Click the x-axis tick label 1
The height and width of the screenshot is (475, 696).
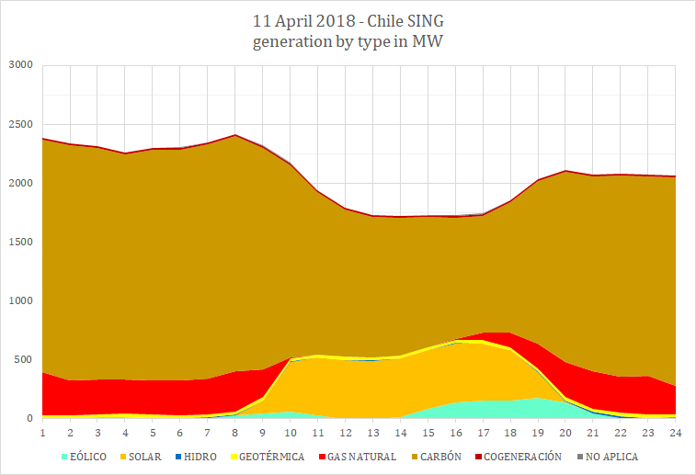[x=42, y=431]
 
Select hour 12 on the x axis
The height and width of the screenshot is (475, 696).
[x=346, y=431]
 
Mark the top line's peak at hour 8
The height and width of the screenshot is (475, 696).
[x=235, y=135]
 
